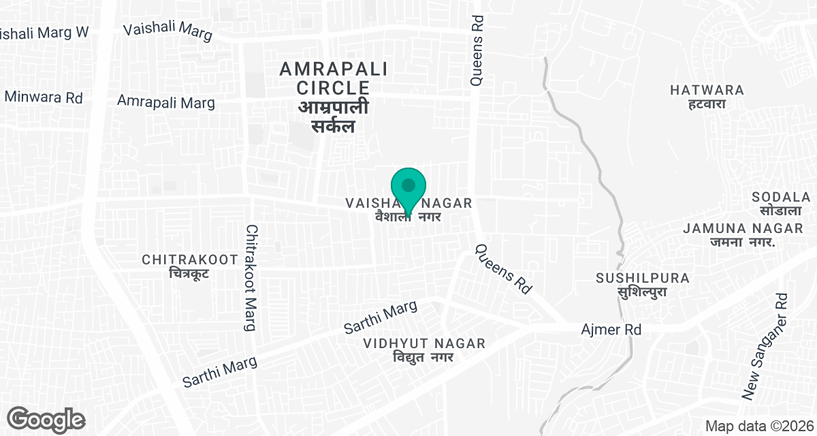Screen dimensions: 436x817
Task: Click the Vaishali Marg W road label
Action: (x=44, y=33)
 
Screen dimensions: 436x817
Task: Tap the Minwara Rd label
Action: (x=44, y=97)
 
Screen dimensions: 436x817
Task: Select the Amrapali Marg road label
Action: (x=166, y=102)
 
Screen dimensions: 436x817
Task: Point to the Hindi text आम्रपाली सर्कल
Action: (x=334, y=117)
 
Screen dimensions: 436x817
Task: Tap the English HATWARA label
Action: (x=707, y=90)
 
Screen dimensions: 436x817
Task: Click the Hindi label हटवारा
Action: (x=707, y=104)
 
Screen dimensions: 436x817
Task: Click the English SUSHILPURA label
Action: (x=643, y=279)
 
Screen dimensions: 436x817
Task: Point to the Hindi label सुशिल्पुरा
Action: (x=643, y=292)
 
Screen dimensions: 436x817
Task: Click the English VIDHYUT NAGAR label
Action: (x=424, y=343)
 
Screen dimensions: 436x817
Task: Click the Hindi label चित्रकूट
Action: (x=189, y=274)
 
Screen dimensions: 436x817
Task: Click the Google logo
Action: (x=46, y=419)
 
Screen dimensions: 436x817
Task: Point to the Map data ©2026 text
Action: (x=758, y=426)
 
